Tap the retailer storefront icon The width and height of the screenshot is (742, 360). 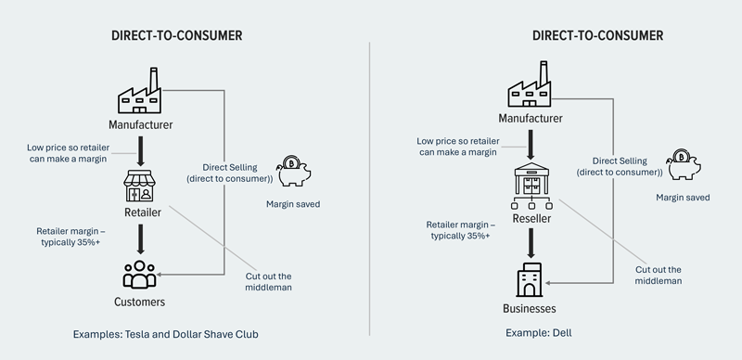pyautogui.click(x=139, y=186)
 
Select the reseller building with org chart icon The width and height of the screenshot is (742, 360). pyautogui.click(x=531, y=186)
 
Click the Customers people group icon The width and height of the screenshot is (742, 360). pyautogui.click(x=140, y=276)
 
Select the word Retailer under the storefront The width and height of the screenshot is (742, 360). pyautogui.click(x=139, y=212)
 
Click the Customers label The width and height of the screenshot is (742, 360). pyautogui.click(x=140, y=302)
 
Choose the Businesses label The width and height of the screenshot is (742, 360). pyautogui.click(x=531, y=308)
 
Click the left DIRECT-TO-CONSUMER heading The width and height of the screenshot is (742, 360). pyautogui.click(x=176, y=36)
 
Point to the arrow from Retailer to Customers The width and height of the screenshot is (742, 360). pyautogui.click(x=139, y=240)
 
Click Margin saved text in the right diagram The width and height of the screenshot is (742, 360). pyautogui.click(x=683, y=197)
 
